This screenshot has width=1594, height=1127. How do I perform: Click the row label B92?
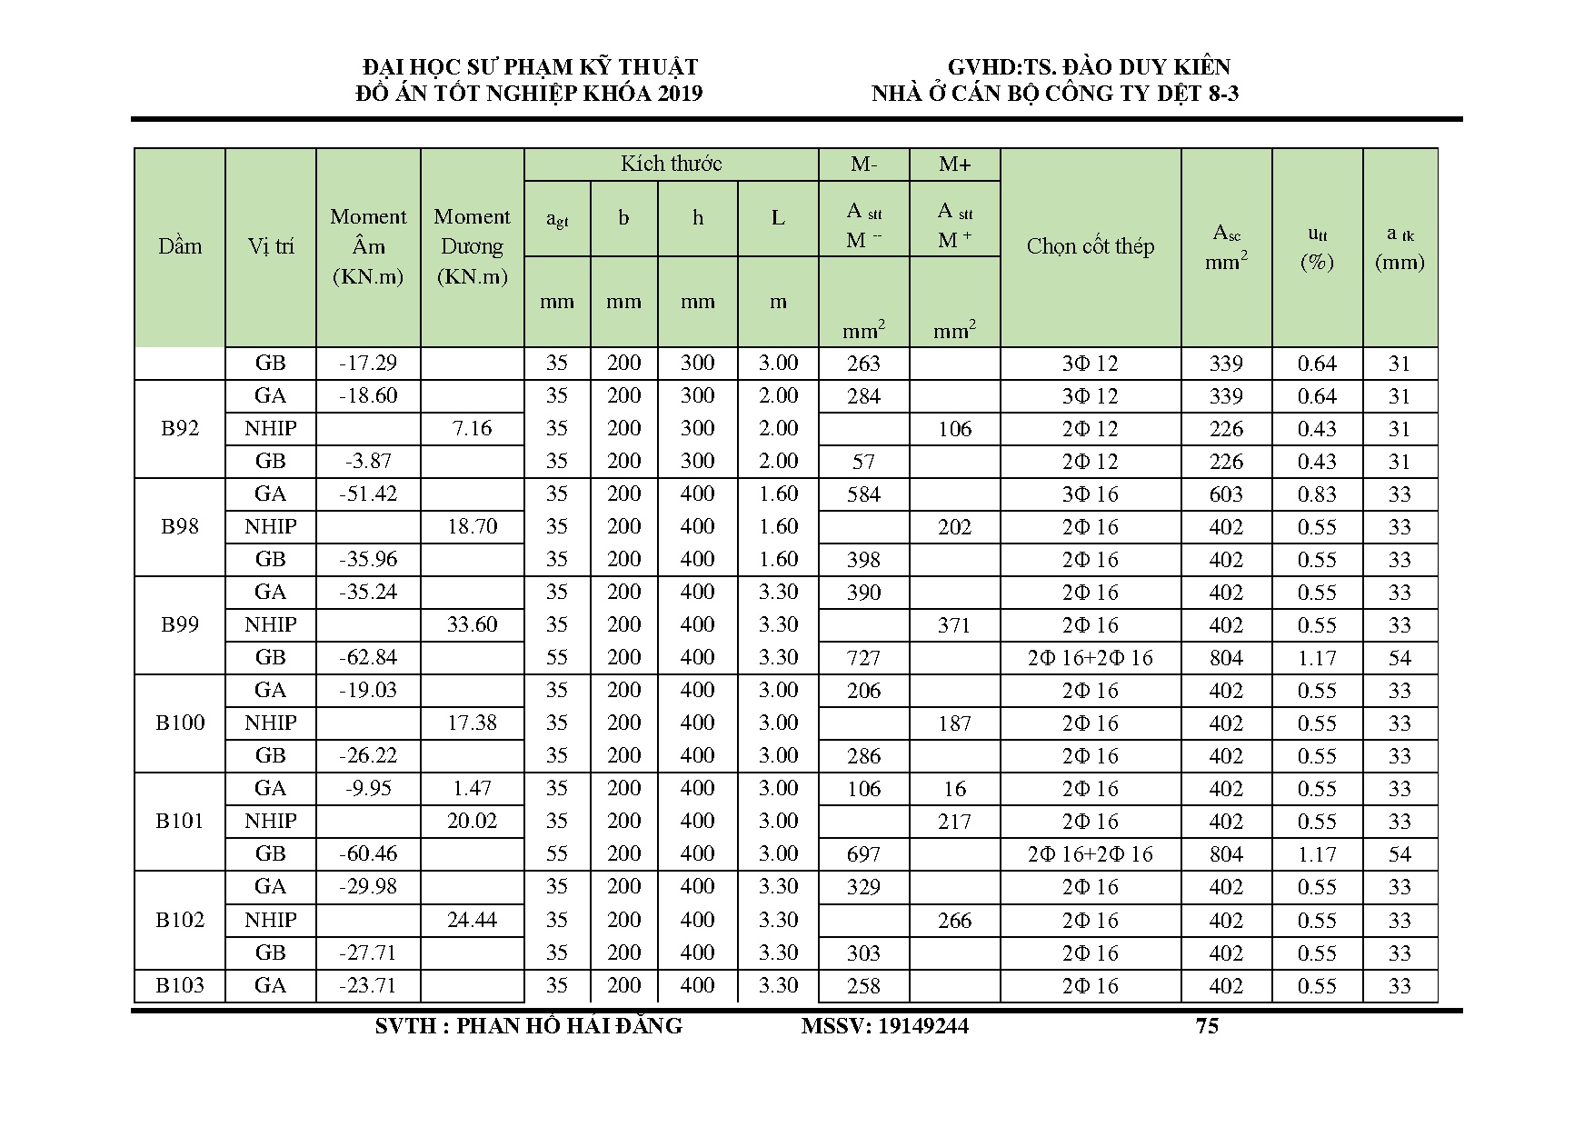click(180, 428)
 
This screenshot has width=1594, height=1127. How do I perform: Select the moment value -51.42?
click(368, 494)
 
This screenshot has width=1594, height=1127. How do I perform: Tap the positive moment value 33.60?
click(472, 624)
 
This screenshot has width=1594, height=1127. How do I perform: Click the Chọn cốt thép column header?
click(1090, 246)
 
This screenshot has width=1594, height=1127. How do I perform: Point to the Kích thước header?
click(671, 164)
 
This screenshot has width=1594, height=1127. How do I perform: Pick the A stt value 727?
click(863, 658)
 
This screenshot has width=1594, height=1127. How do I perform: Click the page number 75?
click(1207, 1026)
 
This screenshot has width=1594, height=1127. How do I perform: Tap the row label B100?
click(180, 723)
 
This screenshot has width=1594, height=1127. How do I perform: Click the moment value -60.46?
click(368, 853)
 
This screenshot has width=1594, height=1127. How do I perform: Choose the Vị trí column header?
click(271, 246)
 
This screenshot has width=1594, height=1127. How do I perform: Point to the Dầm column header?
click(180, 246)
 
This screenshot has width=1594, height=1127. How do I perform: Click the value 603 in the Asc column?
click(1226, 494)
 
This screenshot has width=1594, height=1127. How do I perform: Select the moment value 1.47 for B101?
click(472, 788)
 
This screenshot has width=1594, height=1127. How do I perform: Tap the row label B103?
click(180, 985)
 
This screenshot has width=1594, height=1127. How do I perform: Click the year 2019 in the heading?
click(676, 94)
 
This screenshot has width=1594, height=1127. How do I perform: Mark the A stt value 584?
click(863, 494)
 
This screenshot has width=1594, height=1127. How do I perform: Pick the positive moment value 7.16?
click(472, 428)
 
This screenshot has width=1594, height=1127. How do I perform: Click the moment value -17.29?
click(368, 363)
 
